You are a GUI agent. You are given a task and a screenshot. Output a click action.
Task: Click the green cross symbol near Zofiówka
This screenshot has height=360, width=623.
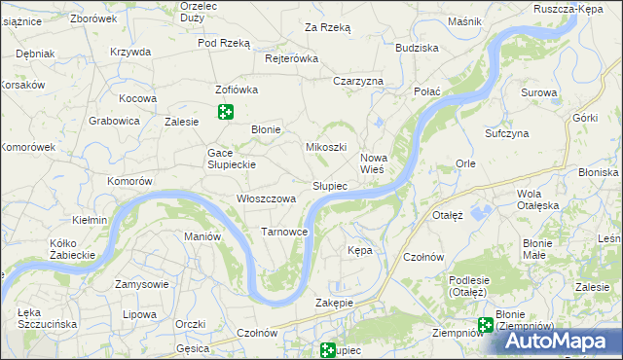tap(226, 112)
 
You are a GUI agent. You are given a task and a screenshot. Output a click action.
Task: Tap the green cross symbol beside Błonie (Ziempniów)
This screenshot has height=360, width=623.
tap(485, 327)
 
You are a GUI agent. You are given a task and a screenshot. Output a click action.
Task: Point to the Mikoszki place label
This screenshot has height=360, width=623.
tap(326, 147)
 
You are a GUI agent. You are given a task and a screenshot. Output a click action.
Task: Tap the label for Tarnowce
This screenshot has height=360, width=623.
tap(285, 232)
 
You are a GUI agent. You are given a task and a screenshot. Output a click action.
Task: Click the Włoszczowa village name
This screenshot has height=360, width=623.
tap(266, 198)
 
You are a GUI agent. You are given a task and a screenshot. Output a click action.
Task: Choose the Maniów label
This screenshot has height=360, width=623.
tap(202, 236)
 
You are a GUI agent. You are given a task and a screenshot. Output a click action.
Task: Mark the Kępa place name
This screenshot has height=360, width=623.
tap(360, 250)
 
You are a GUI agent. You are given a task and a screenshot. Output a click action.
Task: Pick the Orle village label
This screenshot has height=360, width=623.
tap(465, 163)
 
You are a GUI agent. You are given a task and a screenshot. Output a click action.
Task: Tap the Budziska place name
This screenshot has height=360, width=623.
tap(417, 48)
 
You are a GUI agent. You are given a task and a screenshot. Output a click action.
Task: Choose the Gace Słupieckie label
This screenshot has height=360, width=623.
tap(231, 159)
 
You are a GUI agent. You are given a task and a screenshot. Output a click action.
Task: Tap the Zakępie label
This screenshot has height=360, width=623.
tap(334, 303)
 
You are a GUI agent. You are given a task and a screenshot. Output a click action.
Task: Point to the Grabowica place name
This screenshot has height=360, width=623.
tap(115, 122)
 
